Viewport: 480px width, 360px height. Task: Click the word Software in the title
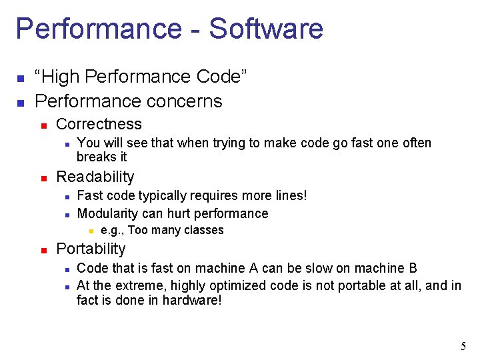[x=265, y=29]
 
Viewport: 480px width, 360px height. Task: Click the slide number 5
[x=463, y=346]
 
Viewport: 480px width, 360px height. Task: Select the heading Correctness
[x=99, y=124]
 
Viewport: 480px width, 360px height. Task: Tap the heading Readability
[x=95, y=177]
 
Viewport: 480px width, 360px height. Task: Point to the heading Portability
[x=91, y=249]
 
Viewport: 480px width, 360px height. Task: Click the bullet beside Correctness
[x=43, y=125]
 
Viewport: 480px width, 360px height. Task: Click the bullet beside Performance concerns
[x=21, y=102]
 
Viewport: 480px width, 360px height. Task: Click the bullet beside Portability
[x=43, y=250]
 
